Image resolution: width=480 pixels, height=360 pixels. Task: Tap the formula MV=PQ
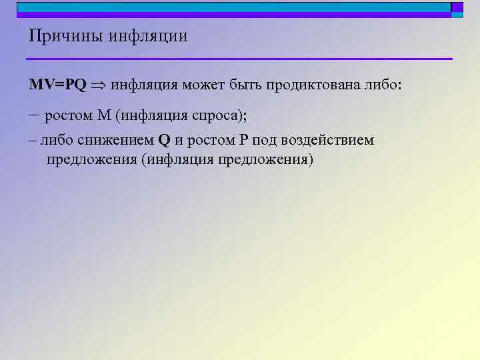coord(57,86)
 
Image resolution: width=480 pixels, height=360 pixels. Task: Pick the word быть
coord(250,86)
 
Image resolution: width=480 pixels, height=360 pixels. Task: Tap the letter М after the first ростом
coord(103,116)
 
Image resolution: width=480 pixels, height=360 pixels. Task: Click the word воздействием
coord(329,141)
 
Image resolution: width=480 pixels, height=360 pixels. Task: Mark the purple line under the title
coord(240,59)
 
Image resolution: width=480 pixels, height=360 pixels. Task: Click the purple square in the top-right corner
coord(457,7)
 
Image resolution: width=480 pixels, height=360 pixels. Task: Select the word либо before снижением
coord(54,141)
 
